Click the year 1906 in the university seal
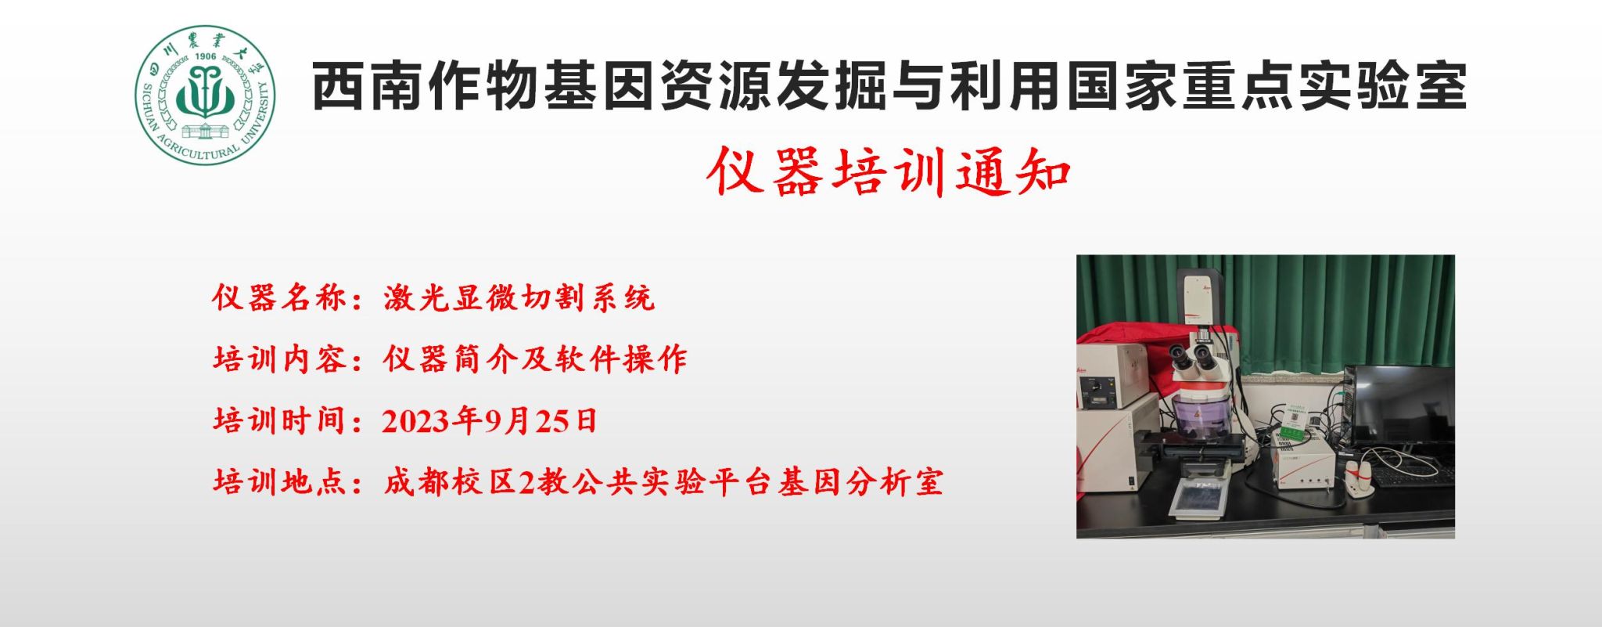[205, 56]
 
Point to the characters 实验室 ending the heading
[1381, 85]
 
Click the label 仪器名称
[280, 298]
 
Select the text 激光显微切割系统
[519, 298]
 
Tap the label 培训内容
[280, 359]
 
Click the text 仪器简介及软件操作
[535, 359]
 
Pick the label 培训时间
[280, 420]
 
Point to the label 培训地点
[280, 481]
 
